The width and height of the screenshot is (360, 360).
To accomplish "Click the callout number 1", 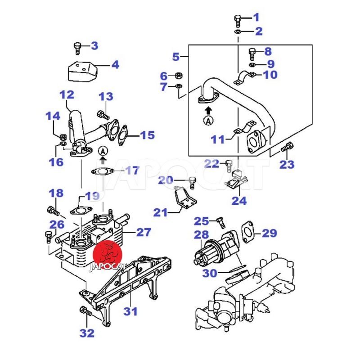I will pos(256,18).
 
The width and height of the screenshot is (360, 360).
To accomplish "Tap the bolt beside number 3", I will pos(77,46).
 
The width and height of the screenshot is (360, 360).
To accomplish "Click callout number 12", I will pos(66,95).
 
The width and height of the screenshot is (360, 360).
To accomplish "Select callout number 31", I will pos(130,311).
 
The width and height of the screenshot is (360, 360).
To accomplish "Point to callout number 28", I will pos(202,234).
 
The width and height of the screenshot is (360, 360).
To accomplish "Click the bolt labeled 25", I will pos(220,221).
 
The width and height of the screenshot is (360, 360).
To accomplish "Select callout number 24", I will pos(239,200).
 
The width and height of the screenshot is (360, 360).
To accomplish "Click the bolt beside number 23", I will pos(287,147).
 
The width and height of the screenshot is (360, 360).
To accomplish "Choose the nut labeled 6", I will pos(178,75).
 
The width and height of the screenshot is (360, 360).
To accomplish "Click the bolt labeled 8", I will pos(252,54).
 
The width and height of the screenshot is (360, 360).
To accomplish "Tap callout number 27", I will pos(144,232).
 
